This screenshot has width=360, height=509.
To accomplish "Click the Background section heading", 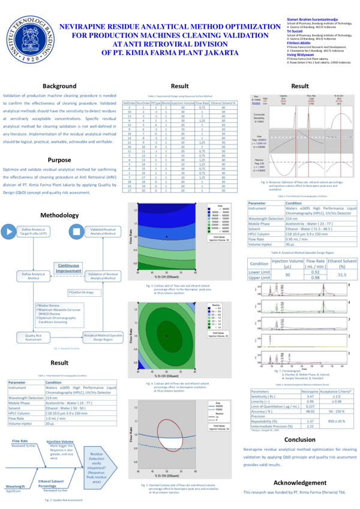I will point(59,86).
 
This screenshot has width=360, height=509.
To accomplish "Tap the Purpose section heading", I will point(59,160).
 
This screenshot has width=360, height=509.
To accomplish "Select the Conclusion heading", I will point(299,439).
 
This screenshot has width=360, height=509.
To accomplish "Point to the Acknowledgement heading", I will point(299,482).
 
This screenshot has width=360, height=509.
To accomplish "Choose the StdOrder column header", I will point(128,103).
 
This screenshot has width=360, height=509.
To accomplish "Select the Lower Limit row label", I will point(259,272).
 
